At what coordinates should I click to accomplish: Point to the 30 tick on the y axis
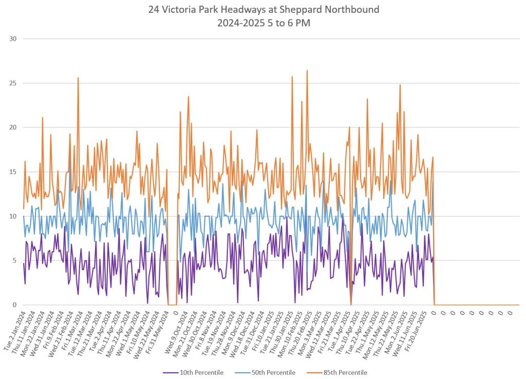tap(13, 39)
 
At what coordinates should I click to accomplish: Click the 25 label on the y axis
tap(13, 83)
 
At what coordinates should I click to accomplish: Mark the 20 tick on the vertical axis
tap(13, 127)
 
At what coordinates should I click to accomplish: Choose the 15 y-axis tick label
tap(13, 172)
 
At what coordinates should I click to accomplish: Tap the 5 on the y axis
tap(15, 261)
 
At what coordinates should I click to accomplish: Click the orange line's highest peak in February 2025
tap(307, 71)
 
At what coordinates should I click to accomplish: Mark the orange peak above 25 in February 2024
tap(78, 78)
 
